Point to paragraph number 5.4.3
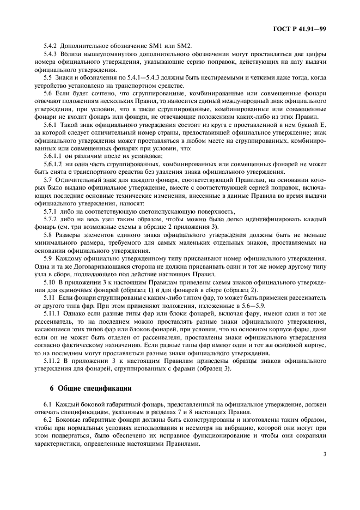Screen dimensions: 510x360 click(51, 55)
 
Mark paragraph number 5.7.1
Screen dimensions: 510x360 click(51, 211)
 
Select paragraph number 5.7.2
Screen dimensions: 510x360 click(51, 219)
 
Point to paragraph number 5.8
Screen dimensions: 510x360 click(48, 234)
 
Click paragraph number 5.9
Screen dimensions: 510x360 click(48, 257)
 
